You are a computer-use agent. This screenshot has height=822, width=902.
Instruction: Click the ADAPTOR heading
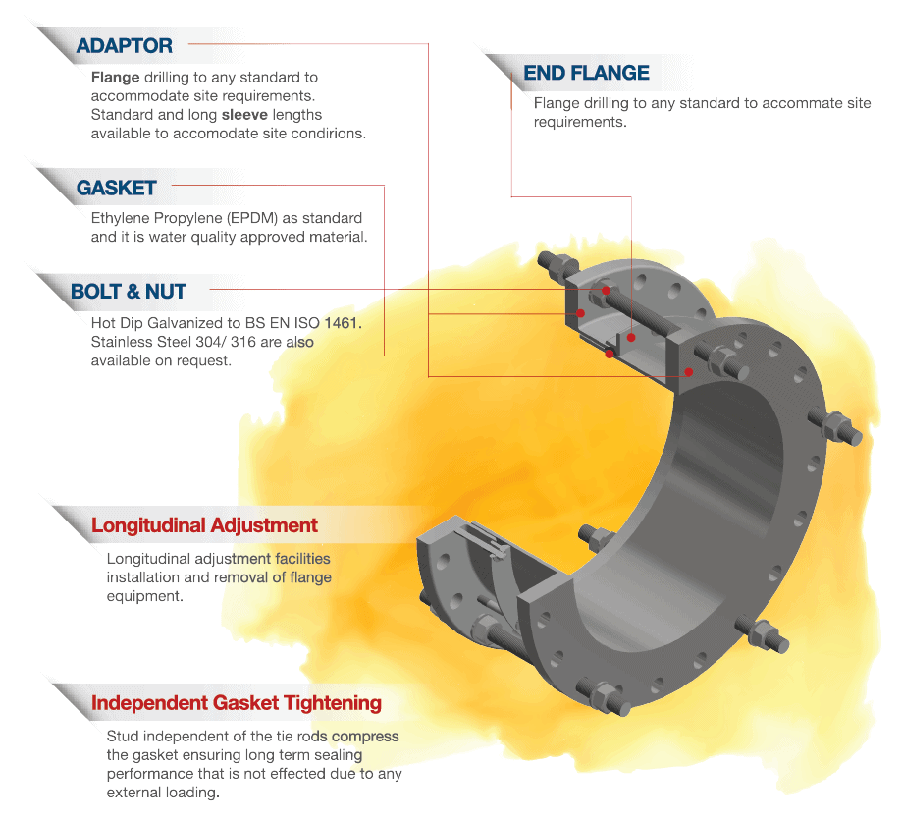(x=125, y=45)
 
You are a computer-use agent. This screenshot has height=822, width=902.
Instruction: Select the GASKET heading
(x=116, y=188)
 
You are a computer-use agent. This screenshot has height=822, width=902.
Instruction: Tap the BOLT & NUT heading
(x=129, y=292)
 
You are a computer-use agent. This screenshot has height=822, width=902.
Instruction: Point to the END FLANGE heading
(x=586, y=73)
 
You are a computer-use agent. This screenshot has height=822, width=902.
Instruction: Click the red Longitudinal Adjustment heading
(x=204, y=525)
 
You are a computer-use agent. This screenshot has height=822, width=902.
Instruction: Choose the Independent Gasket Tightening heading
(x=237, y=703)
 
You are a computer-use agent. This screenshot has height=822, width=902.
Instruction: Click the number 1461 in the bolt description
(x=341, y=323)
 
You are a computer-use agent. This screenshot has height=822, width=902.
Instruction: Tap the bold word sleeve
(x=244, y=115)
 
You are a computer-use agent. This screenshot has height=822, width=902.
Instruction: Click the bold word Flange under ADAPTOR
(x=115, y=78)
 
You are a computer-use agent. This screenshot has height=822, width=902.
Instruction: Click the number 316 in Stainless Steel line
(x=243, y=342)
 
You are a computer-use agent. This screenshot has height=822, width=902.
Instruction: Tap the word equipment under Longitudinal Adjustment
(x=144, y=596)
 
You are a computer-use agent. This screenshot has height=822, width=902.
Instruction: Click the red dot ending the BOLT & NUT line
(x=606, y=290)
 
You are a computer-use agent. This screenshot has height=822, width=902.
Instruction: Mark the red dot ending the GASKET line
(x=610, y=354)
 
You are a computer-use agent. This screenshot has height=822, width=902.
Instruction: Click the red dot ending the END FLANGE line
(x=631, y=338)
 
